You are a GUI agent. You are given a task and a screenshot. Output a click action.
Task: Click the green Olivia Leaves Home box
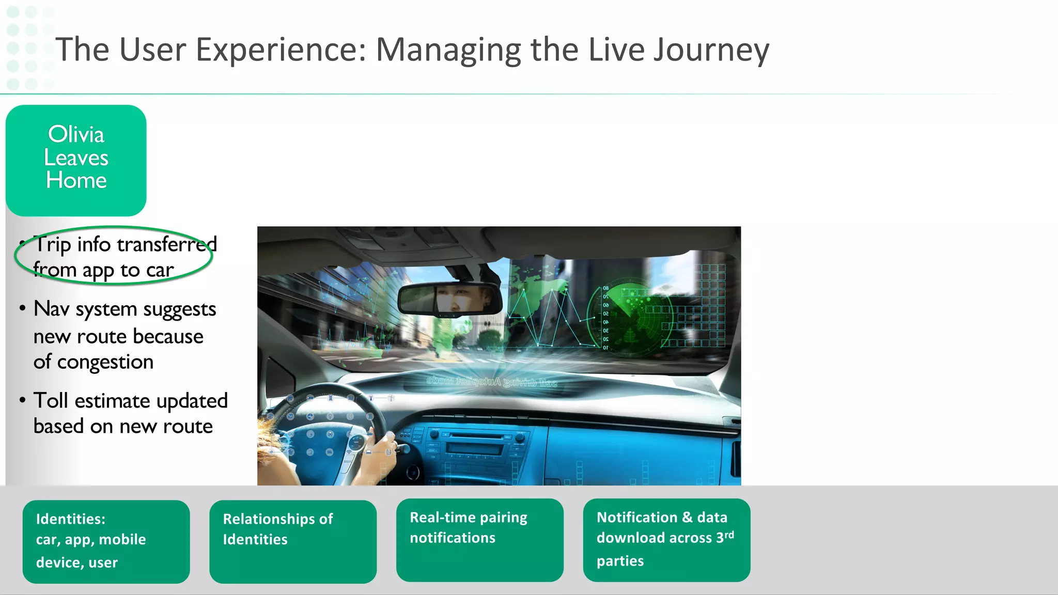pyautogui.click(x=76, y=160)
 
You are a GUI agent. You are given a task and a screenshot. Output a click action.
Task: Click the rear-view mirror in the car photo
pyautogui.click(x=449, y=299)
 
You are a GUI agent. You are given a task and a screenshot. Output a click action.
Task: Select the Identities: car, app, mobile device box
pyautogui.click(x=106, y=541)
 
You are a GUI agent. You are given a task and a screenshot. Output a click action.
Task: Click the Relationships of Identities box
pyautogui.click(x=293, y=541)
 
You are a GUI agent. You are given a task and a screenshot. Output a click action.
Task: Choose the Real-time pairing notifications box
pyautogui.click(x=479, y=540)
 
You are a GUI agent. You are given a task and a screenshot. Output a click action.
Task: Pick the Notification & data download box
pyautogui.click(x=666, y=540)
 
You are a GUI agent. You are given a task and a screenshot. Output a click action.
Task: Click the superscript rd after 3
pyautogui.click(x=729, y=535)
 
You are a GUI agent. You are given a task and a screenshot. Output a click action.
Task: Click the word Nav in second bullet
pyautogui.click(x=51, y=309)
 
